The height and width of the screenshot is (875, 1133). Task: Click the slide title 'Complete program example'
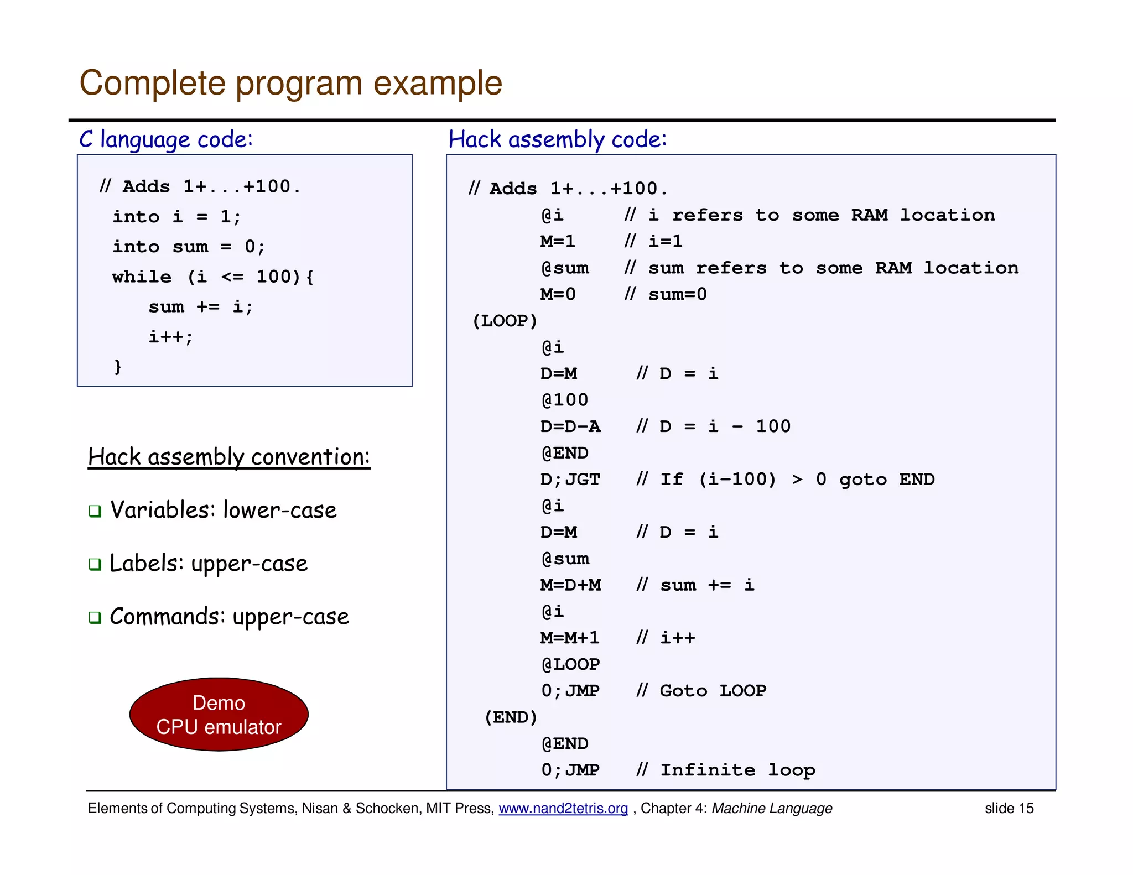pos(290,84)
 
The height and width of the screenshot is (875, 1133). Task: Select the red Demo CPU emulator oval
pos(219,714)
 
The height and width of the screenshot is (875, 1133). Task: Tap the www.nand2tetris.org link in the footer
pos(563,808)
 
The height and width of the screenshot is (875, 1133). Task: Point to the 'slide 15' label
pos(1009,808)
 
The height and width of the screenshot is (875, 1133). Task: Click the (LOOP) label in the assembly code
pos(504,321)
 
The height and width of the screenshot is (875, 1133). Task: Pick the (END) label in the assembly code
pos(510,717)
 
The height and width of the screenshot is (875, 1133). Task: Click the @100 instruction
pos(564,400)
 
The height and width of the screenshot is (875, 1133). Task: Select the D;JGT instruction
pos(570,480)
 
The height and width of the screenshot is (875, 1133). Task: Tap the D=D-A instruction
pos(570,426)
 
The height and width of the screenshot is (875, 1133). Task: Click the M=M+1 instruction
pos(570,638)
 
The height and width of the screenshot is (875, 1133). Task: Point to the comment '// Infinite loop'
pos(725,770)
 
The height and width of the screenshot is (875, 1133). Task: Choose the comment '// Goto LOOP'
pos(701,691)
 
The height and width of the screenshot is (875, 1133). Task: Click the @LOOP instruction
pos(570,664)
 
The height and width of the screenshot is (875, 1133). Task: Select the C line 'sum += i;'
pos(200,307)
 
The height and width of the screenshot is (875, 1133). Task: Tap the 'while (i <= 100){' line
pos(212,277)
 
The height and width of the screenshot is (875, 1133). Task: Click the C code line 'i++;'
pos(170,337)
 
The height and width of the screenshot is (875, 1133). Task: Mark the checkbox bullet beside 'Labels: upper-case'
pos(95,564)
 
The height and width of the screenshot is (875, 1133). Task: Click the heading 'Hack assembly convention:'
pos(228,457)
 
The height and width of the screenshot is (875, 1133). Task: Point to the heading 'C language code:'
pos(166,139)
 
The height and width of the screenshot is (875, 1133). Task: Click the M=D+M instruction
pos(570,585)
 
